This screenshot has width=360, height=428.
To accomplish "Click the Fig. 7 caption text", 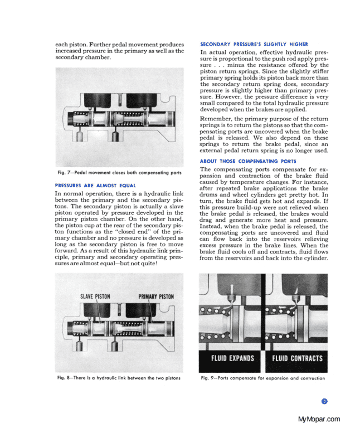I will pyautogui.click(x=115, y=173).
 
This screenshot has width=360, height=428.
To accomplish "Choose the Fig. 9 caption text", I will pyautogui.click(x=262, y=379).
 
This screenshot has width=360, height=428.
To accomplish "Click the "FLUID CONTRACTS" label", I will pyautogui.click(x=295, y=357).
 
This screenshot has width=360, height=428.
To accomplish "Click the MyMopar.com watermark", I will pyautogui.click(x=319, y=419).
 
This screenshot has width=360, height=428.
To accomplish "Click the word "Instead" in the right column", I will pyautogui.click(x=212, y=227).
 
